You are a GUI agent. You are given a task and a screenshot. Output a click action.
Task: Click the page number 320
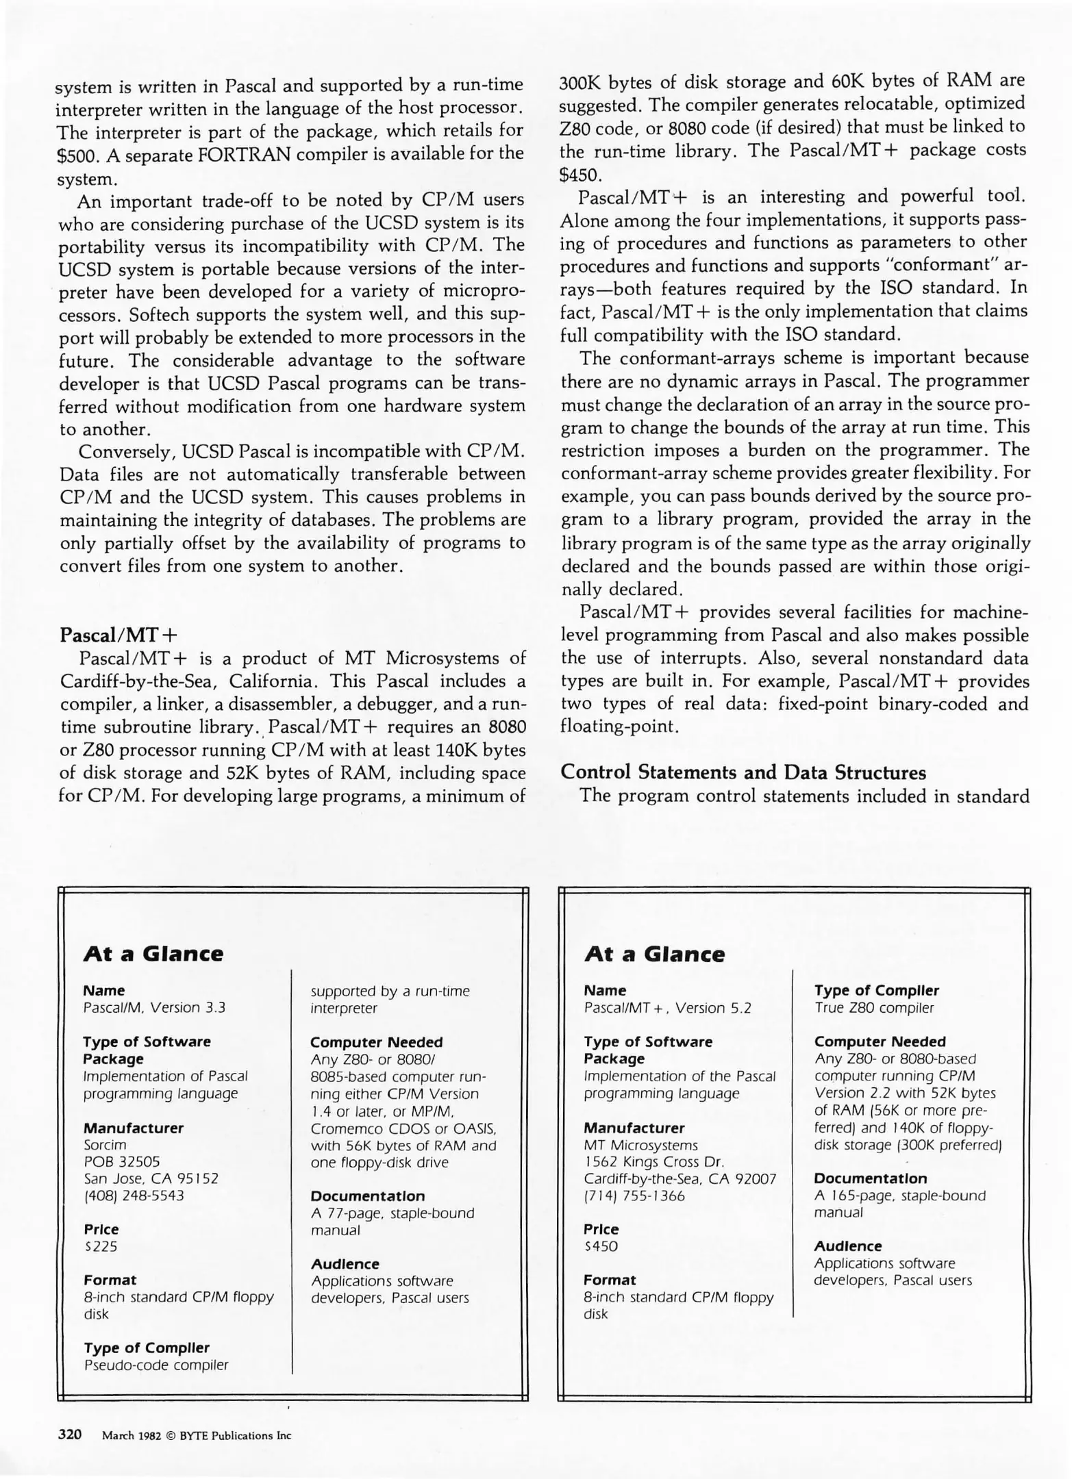pyautogui.click(x=70, y=1434)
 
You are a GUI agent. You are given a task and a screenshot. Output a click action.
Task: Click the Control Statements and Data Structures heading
pyautogui.click(x=743, y=772)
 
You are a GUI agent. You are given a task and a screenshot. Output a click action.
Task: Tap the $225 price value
pyautogui.click(x=100, y=1246)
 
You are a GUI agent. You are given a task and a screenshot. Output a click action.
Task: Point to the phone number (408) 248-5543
pyautogui.click(x=134, y=1196)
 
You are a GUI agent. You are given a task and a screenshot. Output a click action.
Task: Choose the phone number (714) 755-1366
pyautogui.click(x=634, y=1196)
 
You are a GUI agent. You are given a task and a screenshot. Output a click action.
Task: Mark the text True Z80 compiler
pyautogui.click(x=873, y=1008)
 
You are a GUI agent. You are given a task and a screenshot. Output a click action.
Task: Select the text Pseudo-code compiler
pyautogui.click(x=155, y=1365)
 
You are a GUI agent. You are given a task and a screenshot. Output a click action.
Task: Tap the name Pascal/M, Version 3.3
pyautogui.click(x=154, y=1008)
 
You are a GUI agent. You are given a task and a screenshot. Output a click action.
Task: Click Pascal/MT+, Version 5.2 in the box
pyautogui.click(x=667, y=1008)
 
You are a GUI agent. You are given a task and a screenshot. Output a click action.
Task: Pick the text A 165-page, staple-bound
pyautogui.click(x=899, y=1196)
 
